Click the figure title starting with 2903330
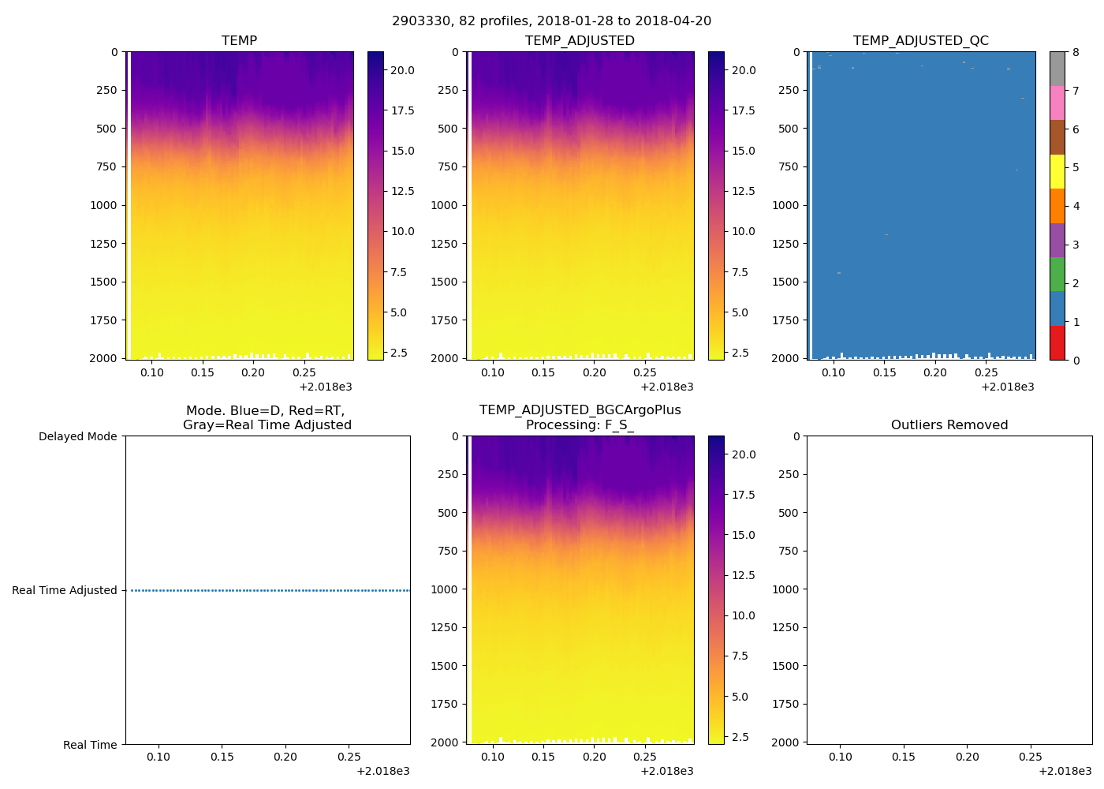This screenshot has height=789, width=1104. [x=551, y=21]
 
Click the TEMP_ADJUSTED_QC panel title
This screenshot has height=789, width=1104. [x=920, y=41]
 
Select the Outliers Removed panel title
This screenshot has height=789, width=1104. [x=949, y=425]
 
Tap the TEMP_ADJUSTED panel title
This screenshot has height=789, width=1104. [x=580, y=41]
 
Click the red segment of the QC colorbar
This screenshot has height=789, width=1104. [x=1057, y=343]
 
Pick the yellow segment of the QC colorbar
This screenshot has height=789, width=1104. [x=1057, y=172]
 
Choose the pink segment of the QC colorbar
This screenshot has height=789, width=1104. [x=1057, y=103]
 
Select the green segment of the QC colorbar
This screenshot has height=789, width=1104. [x=1057, y=275]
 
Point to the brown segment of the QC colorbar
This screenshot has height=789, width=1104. [x=1057, y=137]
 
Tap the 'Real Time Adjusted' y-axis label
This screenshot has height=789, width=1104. [x=64, y=590]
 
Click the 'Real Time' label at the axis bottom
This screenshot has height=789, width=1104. [x=90, y=745]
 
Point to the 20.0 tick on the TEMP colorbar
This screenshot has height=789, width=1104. [x=403, y=70]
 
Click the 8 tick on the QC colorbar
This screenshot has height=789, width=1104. [x=1076, y=52]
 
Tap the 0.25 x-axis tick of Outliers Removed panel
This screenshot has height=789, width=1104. [x=1031, y=757]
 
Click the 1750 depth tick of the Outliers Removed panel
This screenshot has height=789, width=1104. [x=785, y=704]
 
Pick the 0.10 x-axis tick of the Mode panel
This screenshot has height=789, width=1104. [x=159, y=757]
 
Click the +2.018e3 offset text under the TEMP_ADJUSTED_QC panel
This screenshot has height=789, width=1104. [x=1007, y=387]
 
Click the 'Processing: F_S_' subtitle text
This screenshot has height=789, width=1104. [x=580, y=425]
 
